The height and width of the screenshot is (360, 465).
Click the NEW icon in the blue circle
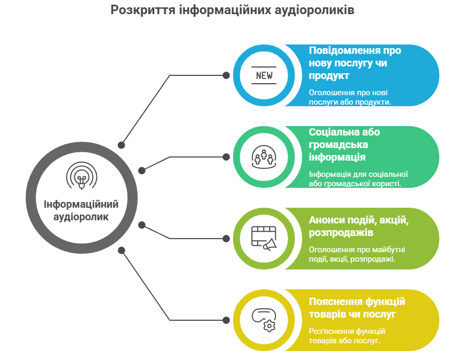tap(263, 75)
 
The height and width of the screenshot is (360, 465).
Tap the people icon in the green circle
tap(263, 157)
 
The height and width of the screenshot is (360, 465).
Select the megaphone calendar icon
tap(263, 239)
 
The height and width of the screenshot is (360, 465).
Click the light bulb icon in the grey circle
tap(82, 176)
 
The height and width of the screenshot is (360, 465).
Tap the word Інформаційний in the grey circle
tap(81, 204)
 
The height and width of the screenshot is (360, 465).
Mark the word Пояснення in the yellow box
tap(336, 301)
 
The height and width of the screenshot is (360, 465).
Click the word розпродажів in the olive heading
tap(341, 233)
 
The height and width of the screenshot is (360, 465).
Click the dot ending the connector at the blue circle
tap(226, 75)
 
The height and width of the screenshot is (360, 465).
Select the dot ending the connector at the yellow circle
tap(226, 320)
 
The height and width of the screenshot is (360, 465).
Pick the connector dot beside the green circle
tap(226, 157)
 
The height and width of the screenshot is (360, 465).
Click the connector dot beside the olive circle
tap(226, 239)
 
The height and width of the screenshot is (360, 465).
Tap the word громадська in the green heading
tap(338, 144)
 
